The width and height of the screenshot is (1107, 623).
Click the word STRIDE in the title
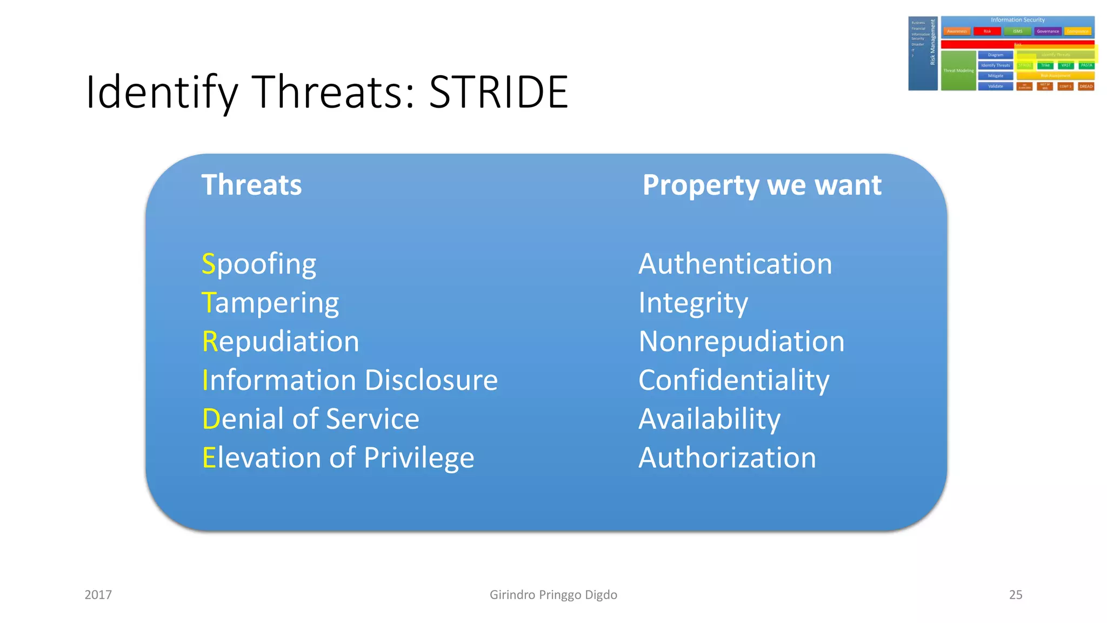tap(498, 92)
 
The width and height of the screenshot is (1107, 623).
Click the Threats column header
tap(251, 185)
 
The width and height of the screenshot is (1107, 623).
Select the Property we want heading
tap(762, 185)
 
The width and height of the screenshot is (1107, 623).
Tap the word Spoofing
tap(259, 264)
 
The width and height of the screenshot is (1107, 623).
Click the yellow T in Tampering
tap(208, 302)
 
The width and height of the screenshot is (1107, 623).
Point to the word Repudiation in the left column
tap(281, 342)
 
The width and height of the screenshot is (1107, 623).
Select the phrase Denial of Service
tap(310, 419)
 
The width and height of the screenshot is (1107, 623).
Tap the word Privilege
tap(419, 458)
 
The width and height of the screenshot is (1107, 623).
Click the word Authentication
tap(735, 264)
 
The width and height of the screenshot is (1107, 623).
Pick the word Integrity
tap(693, 303)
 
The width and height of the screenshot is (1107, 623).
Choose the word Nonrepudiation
tap(741, 342)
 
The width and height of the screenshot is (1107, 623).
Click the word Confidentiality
tap(733, 380)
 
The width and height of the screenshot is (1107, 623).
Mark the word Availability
tap(709, 419)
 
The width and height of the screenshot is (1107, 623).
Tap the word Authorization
tap(727, 458)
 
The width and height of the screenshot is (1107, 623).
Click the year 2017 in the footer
tap(98, 595)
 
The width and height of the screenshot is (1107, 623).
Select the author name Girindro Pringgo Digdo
tap(553, 595)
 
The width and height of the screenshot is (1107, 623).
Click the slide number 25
tap(1015, 595)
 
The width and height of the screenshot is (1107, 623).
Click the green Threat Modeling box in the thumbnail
tap(958, 71)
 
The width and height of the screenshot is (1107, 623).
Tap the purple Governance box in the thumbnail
tap(1048, 31)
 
